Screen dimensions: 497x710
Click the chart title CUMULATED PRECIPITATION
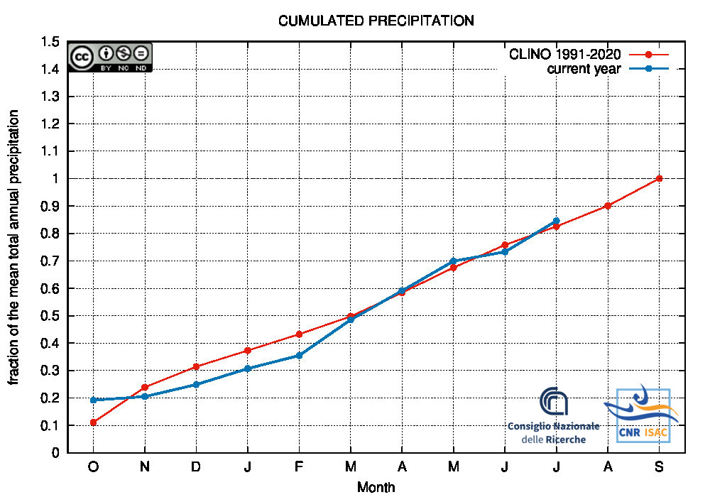click(376, 21)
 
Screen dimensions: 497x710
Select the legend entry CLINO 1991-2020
click(565, 55)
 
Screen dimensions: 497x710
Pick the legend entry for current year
click(584, 69)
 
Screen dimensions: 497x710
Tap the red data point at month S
click(660, 178)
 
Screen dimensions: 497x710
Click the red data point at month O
click(93, 422)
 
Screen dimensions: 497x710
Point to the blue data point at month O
click(93, 400)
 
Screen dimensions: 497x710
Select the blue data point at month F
click(299, 355)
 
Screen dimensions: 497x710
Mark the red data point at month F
click(299, 334)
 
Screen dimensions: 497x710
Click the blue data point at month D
click(196, 384)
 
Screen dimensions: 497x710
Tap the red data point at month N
click(145, 388)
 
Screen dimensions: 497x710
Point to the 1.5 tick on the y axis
click(50, 42)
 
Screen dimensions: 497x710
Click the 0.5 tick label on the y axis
click(50, 316)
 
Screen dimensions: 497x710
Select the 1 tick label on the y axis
click(56, 179)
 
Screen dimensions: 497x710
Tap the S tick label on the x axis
click(660, 467)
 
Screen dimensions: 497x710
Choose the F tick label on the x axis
click(299, 467)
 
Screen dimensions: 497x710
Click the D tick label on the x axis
click(196, 467)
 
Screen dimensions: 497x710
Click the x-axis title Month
click(376, 487)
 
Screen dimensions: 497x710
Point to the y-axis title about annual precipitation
click(14, 247)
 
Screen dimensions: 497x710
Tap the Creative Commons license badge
click(110, 57)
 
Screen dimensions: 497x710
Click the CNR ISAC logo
click(642, 415)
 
